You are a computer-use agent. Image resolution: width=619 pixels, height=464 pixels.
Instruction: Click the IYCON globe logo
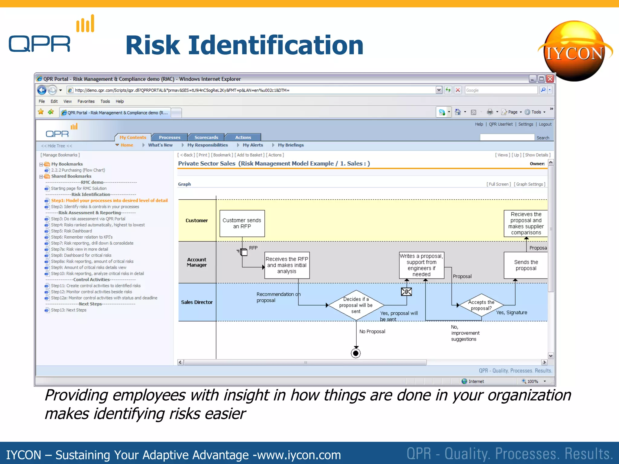pos(575,51)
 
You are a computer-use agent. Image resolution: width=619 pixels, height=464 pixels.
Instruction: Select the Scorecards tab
pos(206,137)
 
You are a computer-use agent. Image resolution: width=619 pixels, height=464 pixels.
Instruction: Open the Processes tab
pos(170,137)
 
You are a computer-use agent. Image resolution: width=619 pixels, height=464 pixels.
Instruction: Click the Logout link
pos(545,124)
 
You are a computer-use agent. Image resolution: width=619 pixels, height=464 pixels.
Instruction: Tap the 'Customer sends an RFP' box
pos(242,224)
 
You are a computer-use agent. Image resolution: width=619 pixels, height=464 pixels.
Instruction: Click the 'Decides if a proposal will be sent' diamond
pos(356,305)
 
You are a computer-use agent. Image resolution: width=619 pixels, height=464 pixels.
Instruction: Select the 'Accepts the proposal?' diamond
pos(481,305)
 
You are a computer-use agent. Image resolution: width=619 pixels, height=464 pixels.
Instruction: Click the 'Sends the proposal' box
pos(526,265)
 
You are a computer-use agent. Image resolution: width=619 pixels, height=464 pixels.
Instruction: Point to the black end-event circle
pos(356,353)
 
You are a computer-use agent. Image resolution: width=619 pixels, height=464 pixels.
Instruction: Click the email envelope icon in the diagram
pos(407,292)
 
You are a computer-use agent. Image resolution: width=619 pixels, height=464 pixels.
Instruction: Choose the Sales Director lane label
pos(197,302)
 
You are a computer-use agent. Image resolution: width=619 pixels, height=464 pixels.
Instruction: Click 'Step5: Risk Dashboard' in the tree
pos(72,231)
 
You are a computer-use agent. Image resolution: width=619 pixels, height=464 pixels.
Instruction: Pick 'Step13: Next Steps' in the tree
pos(69,310)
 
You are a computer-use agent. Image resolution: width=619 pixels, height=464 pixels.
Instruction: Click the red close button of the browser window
pos(550,79)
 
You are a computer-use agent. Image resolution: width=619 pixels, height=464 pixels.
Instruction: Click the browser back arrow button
pos(42,90)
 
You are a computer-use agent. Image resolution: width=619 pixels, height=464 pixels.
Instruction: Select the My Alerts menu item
pos(253,145)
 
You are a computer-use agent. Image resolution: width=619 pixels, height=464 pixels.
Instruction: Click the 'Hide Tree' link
pos(57,146)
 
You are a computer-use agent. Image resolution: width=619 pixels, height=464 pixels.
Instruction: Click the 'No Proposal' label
pos(372,331)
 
